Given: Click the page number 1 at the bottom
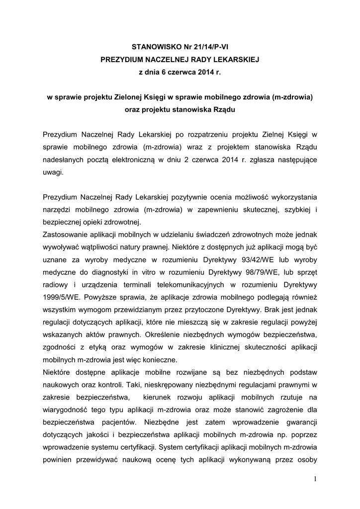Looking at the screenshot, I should click(x=315, y=479).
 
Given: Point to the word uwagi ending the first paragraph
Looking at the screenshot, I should click(x=53, y=171).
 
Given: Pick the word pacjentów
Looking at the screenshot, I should click(x=112, y=423).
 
